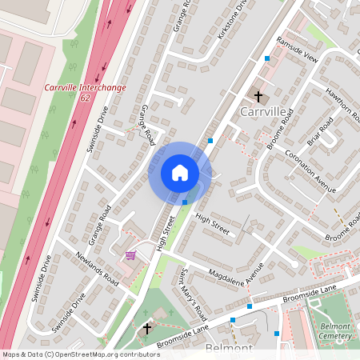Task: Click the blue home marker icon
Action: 180,172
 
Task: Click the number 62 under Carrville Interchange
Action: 85,97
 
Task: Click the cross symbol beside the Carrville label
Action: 258,96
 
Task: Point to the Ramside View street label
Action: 297,50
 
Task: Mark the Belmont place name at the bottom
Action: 229,349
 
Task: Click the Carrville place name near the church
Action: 263,111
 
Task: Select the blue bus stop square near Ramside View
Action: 267,58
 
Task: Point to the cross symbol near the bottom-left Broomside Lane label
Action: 146,328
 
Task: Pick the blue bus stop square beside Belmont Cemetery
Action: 277,333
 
